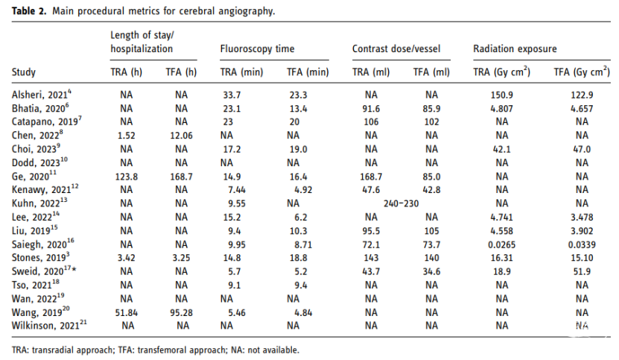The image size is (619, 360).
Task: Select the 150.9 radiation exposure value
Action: [501, 95]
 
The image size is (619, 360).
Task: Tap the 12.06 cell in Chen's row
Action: [181, 136]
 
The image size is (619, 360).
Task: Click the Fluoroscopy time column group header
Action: [257, 49]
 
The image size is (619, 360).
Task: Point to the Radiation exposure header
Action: [515, 49]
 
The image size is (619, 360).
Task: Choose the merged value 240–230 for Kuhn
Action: [401, 203]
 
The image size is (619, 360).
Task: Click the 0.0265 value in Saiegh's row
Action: [501, 245]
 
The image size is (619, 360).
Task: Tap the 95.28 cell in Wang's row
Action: [181, 313]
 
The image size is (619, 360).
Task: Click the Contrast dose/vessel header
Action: [396, 49]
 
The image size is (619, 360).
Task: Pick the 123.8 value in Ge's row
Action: [127, 177]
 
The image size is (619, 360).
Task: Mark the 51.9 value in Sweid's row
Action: [582, 272]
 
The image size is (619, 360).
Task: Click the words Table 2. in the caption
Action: [29, 10]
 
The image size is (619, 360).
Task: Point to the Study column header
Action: [24, 72]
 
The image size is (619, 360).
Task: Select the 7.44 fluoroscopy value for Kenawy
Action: [236, 190]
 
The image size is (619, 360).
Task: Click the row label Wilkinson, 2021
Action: [49, 326]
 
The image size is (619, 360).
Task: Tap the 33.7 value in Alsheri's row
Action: [232, 95]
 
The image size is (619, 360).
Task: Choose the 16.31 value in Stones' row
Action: [501, 258]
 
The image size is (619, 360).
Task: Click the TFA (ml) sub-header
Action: [431, 72]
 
